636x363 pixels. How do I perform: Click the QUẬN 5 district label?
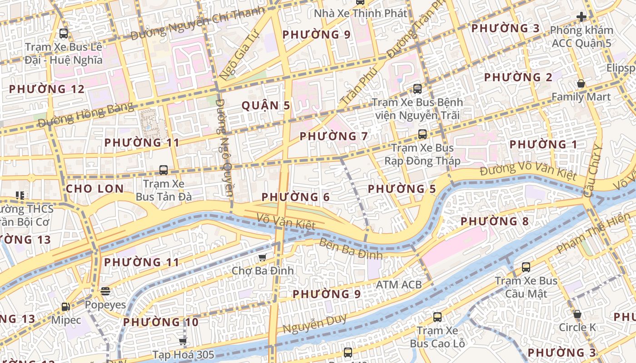pos(266,106)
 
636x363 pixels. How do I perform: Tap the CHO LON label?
pos(94,189)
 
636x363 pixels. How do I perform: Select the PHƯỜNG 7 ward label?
pos(334,136)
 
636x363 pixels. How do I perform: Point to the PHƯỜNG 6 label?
pos(296,197)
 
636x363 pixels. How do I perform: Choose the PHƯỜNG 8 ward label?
pos(495,221)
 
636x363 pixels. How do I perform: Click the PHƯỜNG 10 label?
pos(161,322)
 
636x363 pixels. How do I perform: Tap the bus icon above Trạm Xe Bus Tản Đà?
pos(164,170)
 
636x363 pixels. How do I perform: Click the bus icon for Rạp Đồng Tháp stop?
pos(422,134)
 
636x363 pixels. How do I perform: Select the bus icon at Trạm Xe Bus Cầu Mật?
pos(526,267)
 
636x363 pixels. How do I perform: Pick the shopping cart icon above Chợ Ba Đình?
pos(262,258)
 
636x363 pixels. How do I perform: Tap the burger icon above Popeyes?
pos(105,291)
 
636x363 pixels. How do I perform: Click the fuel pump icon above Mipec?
pos(66,307)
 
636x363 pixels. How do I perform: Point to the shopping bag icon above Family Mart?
pos(581,84)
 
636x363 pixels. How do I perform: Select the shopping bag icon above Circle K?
pos(577,314)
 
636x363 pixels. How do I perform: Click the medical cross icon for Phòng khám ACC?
pos(581,17)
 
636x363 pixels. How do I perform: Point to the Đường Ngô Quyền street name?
pos(224,147)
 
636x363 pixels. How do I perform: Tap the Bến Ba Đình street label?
pos(351,249)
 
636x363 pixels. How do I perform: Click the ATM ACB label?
pos(399,285)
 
